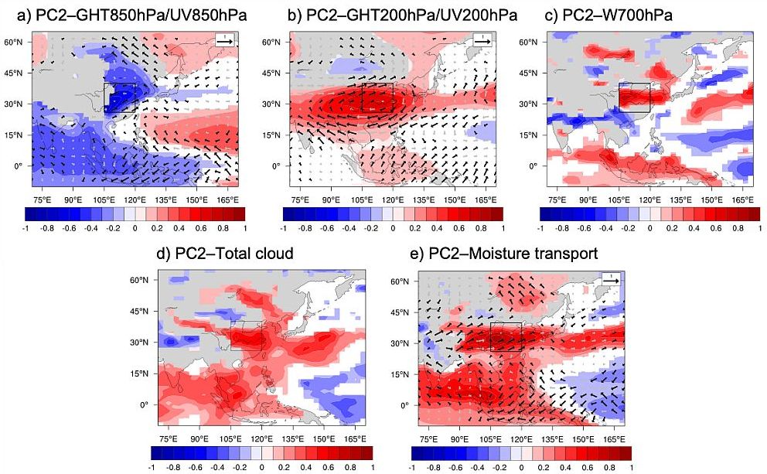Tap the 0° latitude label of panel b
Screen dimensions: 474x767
click(274, 166)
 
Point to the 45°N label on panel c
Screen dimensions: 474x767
click(529, 73)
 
